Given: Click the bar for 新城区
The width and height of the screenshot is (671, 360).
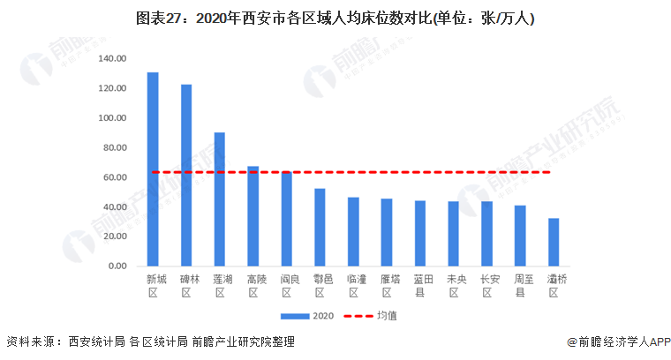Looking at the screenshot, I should pos(153,169).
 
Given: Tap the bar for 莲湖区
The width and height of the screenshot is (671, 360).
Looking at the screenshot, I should pos(220,199).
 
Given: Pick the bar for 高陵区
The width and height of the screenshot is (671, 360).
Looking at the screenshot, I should pos(253,215).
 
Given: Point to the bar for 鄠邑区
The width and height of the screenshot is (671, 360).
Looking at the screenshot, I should pos(320,227).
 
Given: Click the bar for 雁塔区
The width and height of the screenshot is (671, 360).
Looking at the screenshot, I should pos(387,232).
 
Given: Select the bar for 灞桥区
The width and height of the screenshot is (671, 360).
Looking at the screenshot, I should pos(554,242).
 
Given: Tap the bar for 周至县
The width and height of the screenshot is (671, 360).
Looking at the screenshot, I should pos(520,236).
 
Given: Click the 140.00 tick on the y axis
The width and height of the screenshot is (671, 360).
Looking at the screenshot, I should pos(113,58).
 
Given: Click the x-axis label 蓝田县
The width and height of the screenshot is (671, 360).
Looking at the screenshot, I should pos(420,286).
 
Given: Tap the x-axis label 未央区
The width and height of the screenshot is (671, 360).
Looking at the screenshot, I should pos(454,286).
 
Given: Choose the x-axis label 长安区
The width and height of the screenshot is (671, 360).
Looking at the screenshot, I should pos(486,286).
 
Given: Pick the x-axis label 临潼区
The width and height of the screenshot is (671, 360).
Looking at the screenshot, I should pos(353,286).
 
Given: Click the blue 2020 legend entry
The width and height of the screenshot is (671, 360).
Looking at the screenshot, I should pos(304,316).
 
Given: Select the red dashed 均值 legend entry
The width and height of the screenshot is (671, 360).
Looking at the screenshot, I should pos(370,316).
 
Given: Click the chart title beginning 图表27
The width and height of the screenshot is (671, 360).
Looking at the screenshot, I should pos(335,18).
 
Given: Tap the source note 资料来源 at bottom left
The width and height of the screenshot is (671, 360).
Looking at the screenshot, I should pos(150,342).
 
